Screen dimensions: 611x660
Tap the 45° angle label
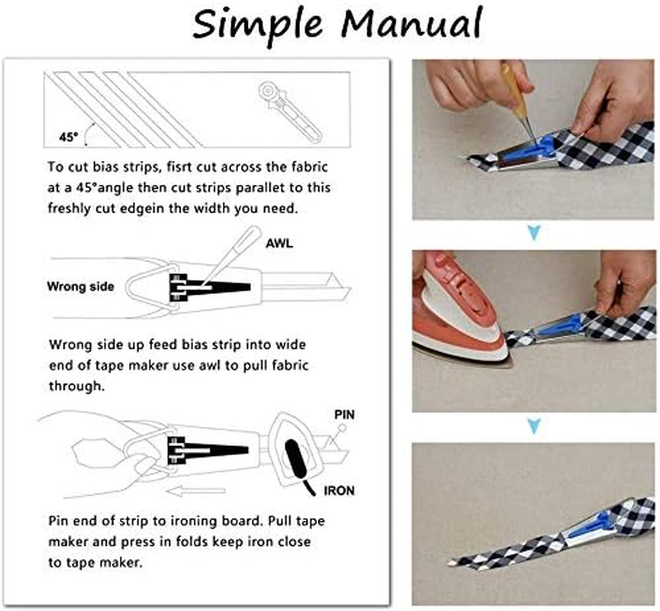(69, 137)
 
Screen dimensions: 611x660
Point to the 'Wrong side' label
(80, 287)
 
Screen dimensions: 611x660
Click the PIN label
(345, 415)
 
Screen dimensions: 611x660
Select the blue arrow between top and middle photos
(533, 232)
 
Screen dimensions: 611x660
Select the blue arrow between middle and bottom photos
(533, 425)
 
